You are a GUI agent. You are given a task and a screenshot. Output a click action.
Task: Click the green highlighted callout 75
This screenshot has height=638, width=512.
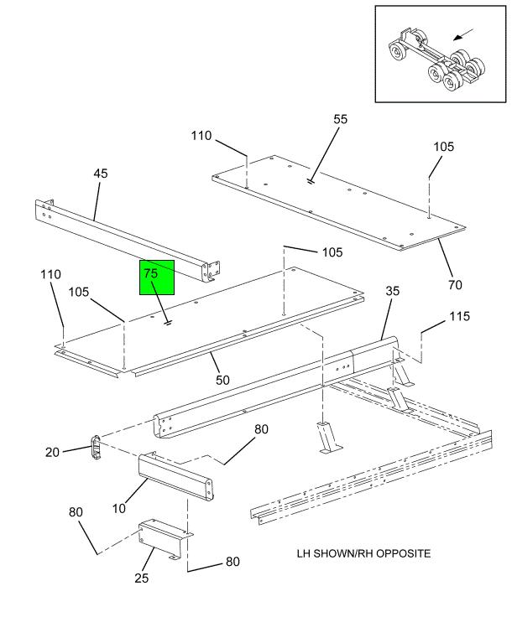156,278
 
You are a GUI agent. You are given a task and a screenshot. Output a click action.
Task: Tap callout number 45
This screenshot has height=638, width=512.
101,174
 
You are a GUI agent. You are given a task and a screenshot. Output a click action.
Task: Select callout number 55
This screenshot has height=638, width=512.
340,120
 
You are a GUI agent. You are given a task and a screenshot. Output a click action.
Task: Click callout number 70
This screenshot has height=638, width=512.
455,285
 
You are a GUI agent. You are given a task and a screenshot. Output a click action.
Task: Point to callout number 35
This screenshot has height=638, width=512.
393,291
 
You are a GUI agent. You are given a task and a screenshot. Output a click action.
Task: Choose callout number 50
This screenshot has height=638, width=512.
222,381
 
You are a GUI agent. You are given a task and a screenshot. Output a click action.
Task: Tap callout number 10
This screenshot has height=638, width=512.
119,508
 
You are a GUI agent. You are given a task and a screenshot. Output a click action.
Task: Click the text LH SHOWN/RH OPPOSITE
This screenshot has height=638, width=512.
364,554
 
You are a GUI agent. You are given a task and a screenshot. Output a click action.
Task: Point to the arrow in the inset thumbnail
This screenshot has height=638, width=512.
462,36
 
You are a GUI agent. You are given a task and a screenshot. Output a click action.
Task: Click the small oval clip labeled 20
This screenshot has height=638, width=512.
96,447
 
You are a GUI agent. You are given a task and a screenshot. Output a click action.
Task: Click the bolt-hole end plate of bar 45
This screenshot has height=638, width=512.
211,270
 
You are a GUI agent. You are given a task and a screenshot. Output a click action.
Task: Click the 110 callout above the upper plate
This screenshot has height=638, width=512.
201,137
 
